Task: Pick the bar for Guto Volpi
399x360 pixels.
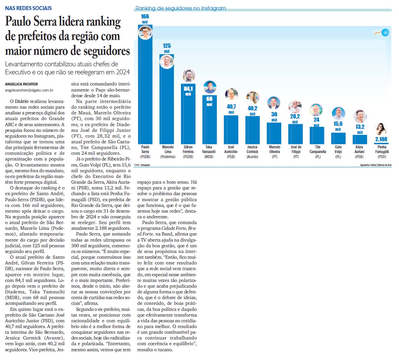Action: click(338, 138)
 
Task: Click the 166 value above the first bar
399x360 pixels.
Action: click(145, 16)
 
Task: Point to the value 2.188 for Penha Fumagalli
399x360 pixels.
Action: click(381, 139)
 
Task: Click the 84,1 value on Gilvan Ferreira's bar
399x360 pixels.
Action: click(188, 89)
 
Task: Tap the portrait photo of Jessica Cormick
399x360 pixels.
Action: click(252, 98)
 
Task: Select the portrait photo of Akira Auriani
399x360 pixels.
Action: click(360, 116)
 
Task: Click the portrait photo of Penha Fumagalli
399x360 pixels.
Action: click(381, 129)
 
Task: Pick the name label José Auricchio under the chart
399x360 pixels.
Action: click(231, 149)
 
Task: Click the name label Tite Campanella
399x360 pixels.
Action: click(318, 149)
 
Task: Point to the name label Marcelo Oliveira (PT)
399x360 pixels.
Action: click(275, 151)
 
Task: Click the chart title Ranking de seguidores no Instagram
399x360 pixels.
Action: click(181, 8)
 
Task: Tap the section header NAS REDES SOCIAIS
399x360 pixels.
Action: click(29, 8)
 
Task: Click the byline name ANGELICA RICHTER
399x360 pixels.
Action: click(22, 84)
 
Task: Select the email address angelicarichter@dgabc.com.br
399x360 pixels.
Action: click(29, 90)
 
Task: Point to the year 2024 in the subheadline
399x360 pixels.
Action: click(123, 72)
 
